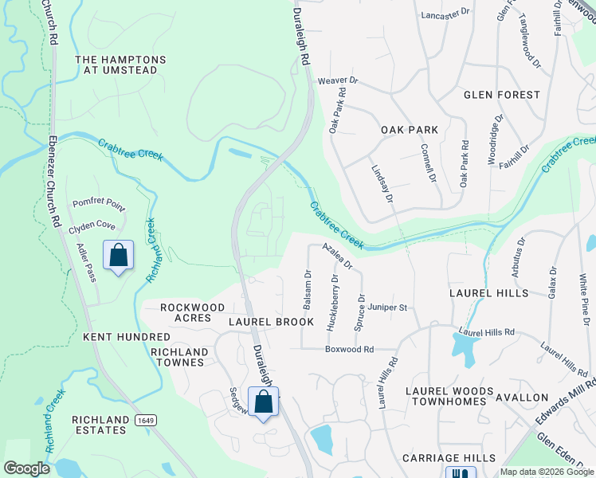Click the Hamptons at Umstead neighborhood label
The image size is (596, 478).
click(120, 65)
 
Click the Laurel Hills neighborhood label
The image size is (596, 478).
click(488, 293)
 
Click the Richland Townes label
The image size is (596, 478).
click(179, 357)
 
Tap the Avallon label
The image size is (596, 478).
click(522, 397)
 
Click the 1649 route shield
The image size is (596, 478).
click(143, 419)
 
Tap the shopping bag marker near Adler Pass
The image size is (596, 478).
click(118, 257)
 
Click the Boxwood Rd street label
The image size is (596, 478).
click(349, 349)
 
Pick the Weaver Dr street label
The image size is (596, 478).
click(339, 80)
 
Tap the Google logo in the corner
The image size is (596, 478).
click(27, 468)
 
